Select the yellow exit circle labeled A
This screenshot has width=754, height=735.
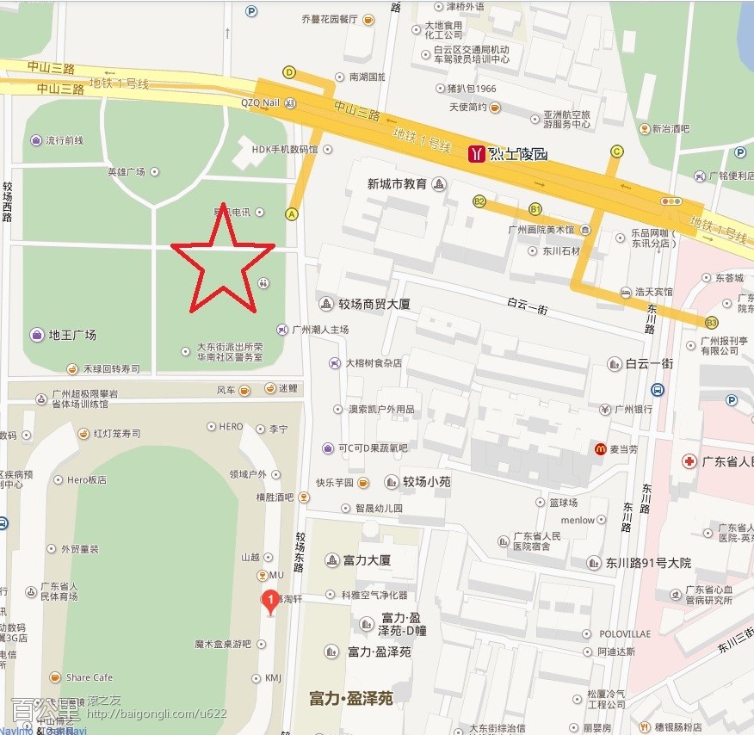click(x=292, y=214)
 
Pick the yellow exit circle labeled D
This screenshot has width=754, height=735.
click(x=289, y=72)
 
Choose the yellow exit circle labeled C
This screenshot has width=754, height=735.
click(x=616, y=152)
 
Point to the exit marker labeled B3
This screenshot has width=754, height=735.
click(x=711, y=323)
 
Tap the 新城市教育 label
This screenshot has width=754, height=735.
click(x=397, y=184)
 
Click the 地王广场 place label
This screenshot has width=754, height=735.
click(x=72, y=335)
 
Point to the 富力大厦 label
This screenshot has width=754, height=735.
click(x=368, y=560)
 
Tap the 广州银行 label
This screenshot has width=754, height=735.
click(x=633, y=410)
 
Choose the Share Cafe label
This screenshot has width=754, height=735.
click(x=89, y=677)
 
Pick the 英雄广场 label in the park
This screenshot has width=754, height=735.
click(x=126, y=171)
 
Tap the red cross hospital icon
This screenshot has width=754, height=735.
click(x=689, y=462)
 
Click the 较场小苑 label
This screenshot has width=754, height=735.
click(x=427, y=482)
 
